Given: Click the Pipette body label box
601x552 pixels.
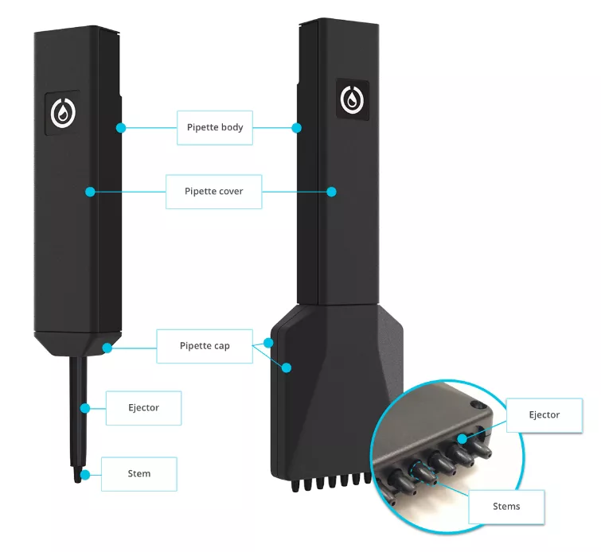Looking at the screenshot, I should point(215,127).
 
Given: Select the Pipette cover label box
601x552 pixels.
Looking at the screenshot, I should point(213,192).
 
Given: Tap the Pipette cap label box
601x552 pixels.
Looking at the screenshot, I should point(204,346).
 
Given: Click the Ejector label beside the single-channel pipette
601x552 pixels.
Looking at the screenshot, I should point(143,408).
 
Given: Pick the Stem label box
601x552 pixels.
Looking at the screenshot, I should point(139,474).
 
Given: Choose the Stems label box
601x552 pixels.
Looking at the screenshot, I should point(506,507).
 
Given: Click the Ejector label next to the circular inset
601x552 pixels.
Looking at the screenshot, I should point(544,415).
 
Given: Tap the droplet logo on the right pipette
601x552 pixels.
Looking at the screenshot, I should point(351,99).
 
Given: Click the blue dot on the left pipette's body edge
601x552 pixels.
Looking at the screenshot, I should point(121,127).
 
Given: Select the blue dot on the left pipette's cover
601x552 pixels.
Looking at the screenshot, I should point(90,192).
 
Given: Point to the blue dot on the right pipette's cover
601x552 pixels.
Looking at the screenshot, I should point(332,192).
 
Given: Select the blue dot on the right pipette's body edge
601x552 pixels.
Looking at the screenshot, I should point(296,127).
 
